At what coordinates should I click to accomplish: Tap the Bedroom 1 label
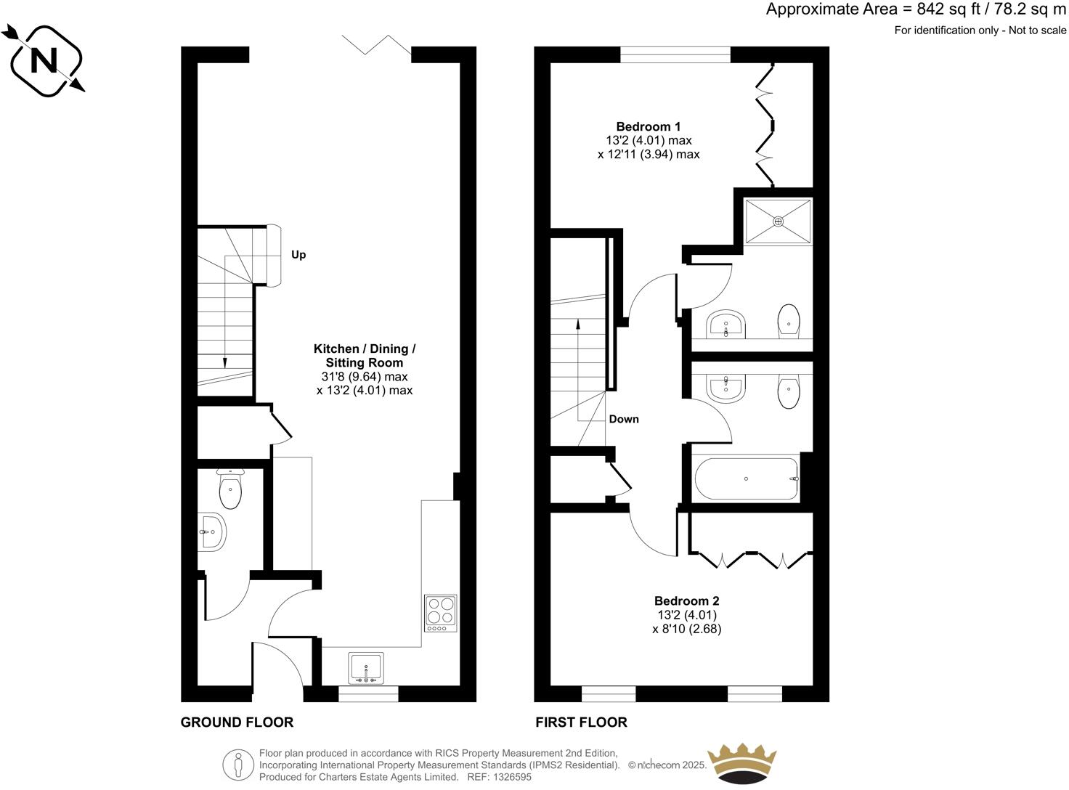coord(649,126)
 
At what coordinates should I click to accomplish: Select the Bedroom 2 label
coord(686,600)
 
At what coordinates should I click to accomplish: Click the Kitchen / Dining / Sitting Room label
coord(365,356)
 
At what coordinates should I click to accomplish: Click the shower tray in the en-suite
coord(778,221)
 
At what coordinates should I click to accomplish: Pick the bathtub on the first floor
coord(747,479)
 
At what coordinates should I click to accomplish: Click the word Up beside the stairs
coord(298,255)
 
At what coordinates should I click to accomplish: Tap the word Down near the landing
coord(624,419)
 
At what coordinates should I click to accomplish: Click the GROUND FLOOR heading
coord(237,722)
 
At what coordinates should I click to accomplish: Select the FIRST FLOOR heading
coord(581,722)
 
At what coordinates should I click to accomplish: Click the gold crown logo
coord(741,763)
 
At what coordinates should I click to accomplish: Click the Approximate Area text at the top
coord(916,9)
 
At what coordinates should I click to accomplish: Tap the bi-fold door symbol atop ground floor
coord(377,45)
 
